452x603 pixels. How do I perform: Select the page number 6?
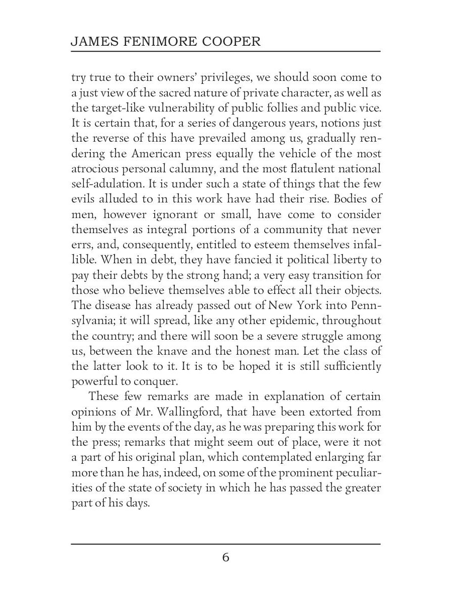(x=225, y=558)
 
